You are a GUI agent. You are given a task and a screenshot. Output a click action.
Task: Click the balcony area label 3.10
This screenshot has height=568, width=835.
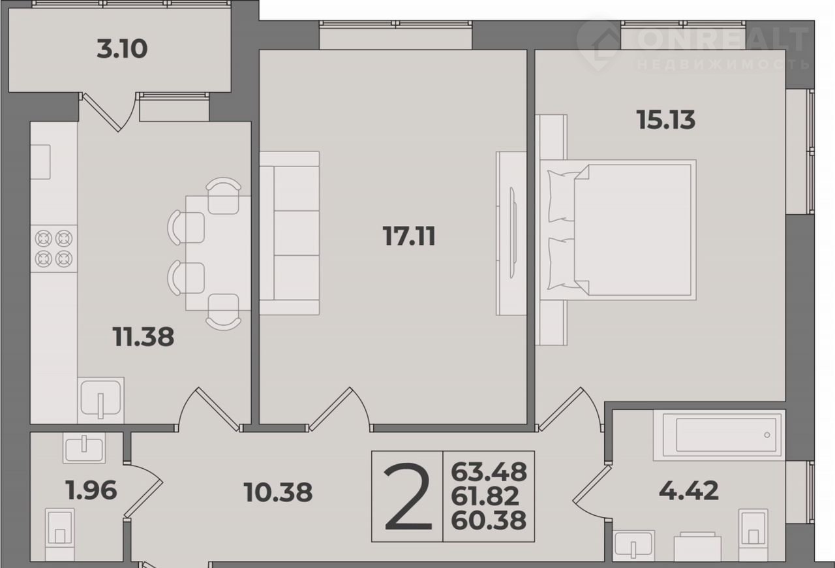(x=122, y=49)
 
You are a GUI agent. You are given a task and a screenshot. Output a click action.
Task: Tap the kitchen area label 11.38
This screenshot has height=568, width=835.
(x=143, y=337)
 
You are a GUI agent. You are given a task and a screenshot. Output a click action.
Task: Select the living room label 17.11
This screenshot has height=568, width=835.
(x=409, y=236)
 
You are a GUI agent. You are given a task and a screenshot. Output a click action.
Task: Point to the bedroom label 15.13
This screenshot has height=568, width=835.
(x=666, y=119)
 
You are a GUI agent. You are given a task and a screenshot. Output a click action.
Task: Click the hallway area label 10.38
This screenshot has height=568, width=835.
(x=278, y=492)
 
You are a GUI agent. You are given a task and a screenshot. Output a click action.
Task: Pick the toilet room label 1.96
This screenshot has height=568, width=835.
(x=91, y=490)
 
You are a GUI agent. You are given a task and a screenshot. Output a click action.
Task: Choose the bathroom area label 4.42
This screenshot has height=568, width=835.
(x=689, y=491)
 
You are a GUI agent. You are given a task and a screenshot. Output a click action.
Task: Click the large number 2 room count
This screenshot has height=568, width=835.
(x=408, y=496)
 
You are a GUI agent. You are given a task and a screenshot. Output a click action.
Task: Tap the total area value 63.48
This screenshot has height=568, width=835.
(x=489, y=472)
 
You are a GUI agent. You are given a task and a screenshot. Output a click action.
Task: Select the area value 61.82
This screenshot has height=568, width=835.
(x=485, y=496)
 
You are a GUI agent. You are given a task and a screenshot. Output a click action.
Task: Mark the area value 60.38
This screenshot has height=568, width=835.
(x=489, y=520)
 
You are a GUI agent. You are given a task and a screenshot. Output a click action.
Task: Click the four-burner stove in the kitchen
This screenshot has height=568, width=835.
(x=53, y=249)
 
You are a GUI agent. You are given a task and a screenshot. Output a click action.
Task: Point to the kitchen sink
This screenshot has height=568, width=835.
(x=100, y=400)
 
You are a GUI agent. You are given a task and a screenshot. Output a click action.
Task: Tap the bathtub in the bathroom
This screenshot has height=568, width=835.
(x=720, y=435)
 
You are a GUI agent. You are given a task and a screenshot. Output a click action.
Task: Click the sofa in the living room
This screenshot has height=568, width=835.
(x=290, y=233)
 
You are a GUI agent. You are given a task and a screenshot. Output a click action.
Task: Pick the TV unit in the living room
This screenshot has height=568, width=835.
(x=511, y=233)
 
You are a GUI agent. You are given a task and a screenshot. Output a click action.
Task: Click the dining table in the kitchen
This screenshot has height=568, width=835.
(x=218, y=253)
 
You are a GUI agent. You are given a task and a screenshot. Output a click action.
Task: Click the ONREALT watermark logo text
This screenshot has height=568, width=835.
(x=722, y=39)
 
